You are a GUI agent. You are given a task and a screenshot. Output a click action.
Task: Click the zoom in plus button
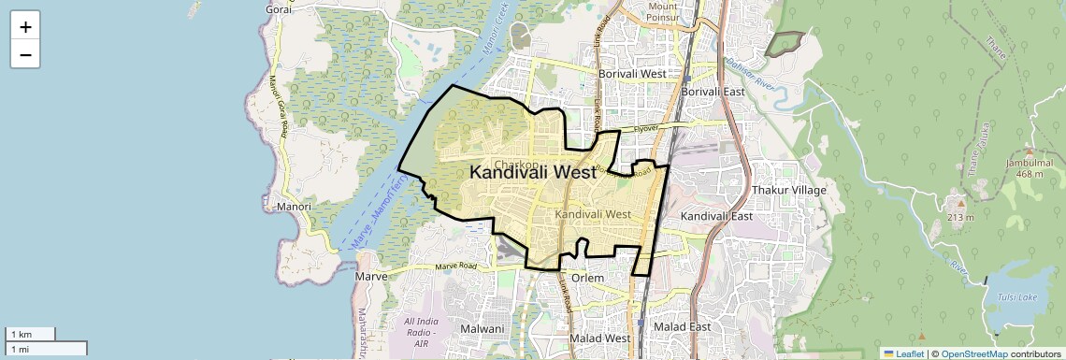(25, 26)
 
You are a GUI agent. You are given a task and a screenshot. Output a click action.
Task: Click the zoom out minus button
(25, 54)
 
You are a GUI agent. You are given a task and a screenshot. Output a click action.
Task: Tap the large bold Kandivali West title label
(532, 172)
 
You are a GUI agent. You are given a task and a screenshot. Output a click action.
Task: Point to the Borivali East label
(713, 92)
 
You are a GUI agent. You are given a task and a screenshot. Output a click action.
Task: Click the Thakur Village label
(789, 190)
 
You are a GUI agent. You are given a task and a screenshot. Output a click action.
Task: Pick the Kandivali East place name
(716, 216)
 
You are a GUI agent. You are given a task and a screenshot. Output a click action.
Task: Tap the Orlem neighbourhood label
(588, 278)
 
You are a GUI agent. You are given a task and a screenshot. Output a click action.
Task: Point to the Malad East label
(682, 326)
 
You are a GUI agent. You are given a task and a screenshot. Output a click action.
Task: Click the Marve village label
(371, 277)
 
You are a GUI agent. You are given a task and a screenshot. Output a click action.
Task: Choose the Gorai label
(278, 8)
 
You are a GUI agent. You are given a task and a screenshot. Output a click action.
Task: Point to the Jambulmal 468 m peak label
(1030, 166)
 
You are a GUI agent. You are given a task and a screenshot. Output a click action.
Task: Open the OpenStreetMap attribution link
(974, 353)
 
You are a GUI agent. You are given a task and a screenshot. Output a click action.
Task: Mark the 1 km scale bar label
(20, 335)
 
